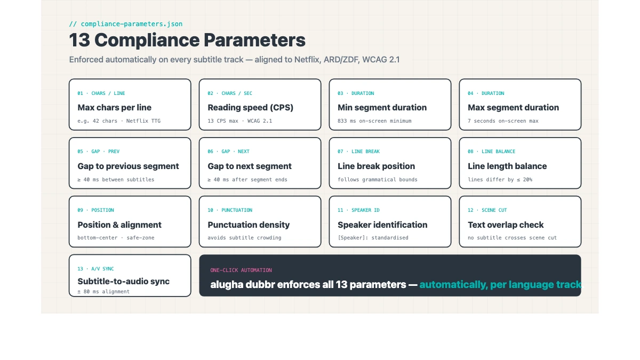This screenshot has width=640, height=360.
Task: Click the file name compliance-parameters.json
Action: (x=131, y=24)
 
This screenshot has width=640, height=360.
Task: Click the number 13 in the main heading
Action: (x=79, y=41)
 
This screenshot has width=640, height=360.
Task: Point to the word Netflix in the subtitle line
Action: (x=308, y=60)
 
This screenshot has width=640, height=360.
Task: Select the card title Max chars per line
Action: (x=114, y=108)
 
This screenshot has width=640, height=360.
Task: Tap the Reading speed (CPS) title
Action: (x=250, y=108)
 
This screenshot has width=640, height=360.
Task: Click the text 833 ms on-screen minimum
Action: (x=374, y=121)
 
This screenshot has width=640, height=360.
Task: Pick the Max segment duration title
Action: (x=513, y=108)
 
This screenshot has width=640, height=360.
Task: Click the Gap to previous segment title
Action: (x=128, y=166)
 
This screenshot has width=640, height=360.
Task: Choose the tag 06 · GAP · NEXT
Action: (x=228, y=151)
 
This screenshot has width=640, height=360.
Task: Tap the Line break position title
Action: (x=376, y=166)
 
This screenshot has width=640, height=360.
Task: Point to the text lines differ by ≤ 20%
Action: (x=500, y=180)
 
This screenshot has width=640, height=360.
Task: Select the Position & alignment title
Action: (x=119, y=225)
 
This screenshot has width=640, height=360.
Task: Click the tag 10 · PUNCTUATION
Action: (x=230, y=210)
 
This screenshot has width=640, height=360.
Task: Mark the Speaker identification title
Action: (x=382, y=225)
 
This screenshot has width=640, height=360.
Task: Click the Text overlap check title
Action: (x=506, y=225)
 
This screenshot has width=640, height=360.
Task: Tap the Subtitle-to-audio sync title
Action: (x=123, y=282)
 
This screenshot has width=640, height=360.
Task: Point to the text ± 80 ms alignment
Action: (x=103, y=292)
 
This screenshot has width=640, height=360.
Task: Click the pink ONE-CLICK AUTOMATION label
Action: (x=241, y=270)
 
